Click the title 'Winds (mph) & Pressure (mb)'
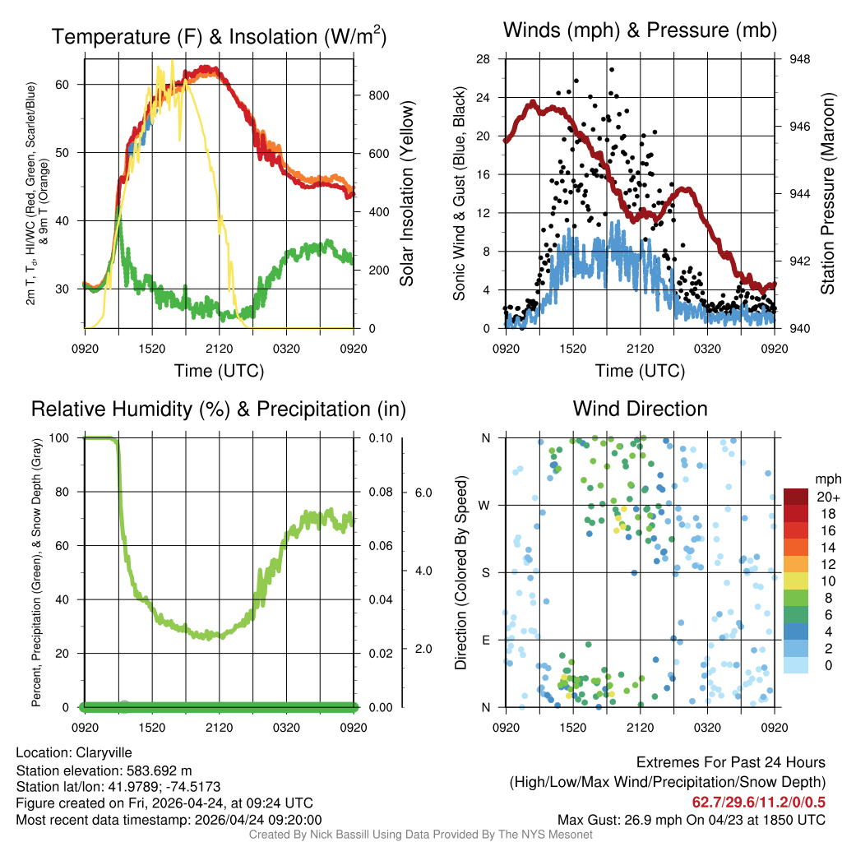640,31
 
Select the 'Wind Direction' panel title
640,409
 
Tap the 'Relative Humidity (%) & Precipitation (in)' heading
219,409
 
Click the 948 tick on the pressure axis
798,59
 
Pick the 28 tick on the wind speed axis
483,59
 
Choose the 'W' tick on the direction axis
485,505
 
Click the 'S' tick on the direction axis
485,572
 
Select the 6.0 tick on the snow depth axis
423,493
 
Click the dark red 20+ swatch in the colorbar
796,497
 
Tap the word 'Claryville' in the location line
104,752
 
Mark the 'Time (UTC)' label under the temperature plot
219,371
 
